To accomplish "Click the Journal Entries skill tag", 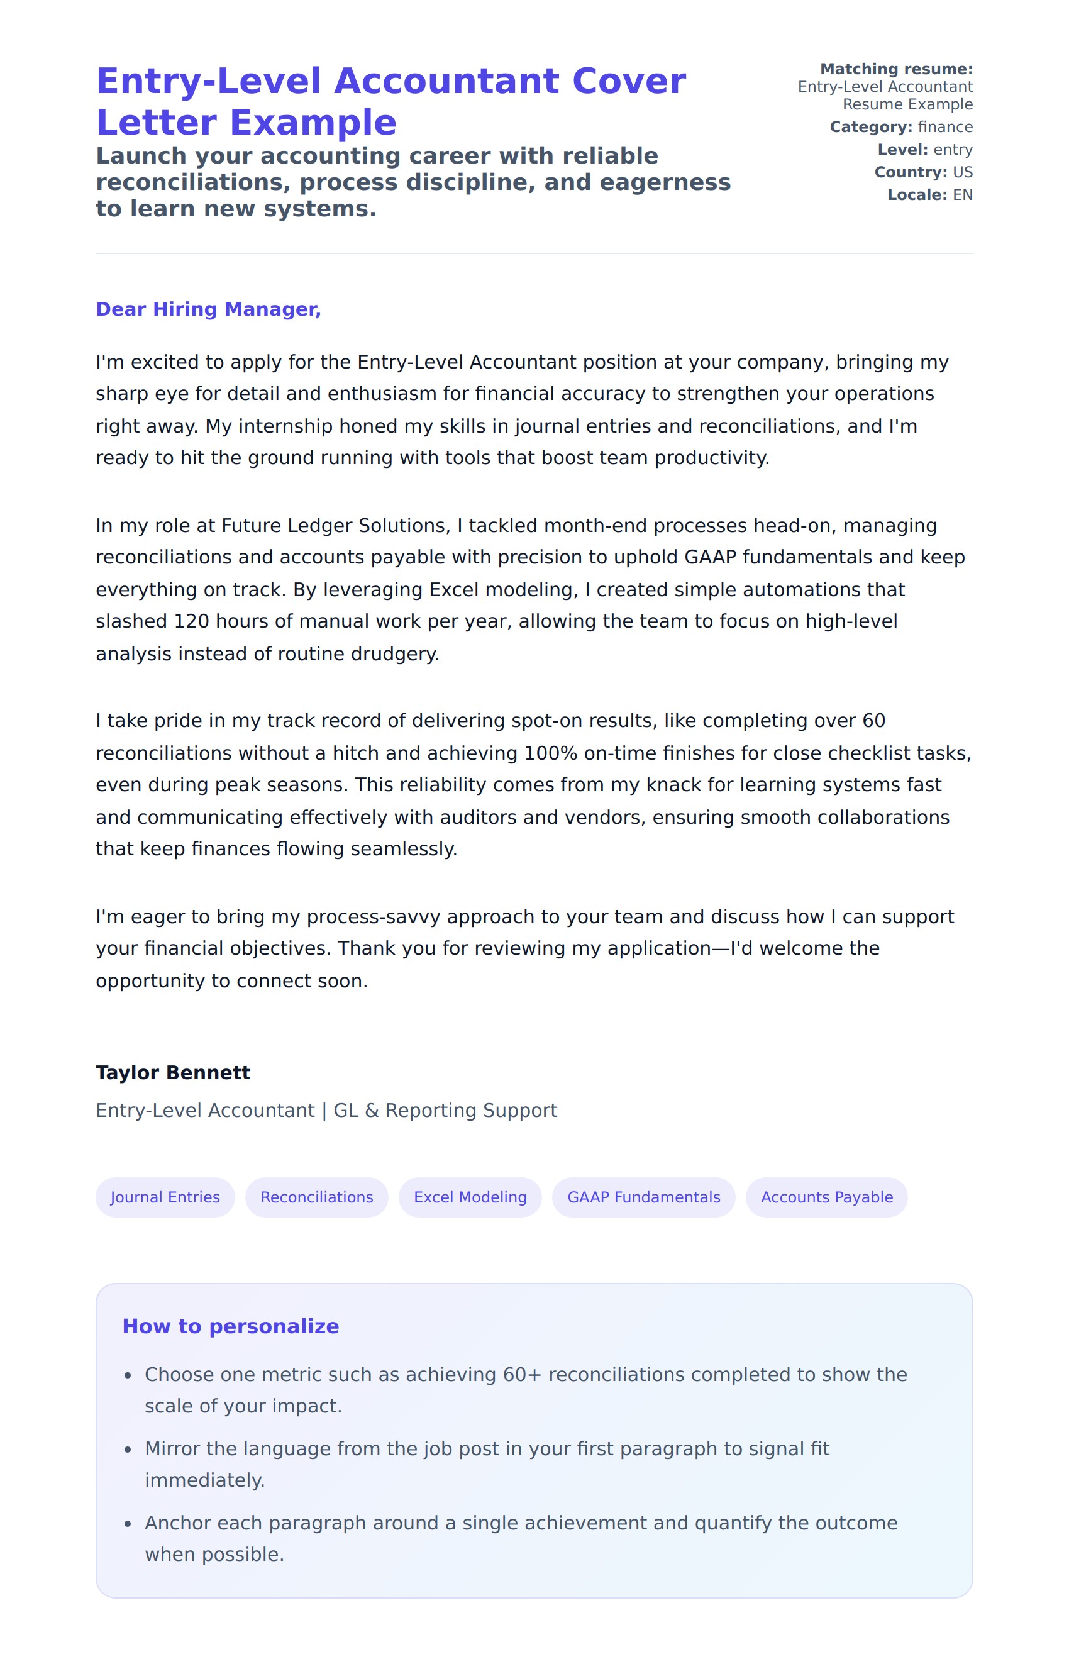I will click(165, 1197).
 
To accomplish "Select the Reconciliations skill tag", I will click(316, 1197).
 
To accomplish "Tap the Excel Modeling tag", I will click(470, 1197).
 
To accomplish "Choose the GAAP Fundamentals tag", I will click(643, 1197).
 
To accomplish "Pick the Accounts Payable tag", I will click(827, 1197).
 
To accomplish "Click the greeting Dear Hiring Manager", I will click(208, 309).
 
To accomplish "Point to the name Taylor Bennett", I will click(173, 1072).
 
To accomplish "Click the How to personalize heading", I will click(230, 1326).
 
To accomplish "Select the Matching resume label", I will click(896, 69).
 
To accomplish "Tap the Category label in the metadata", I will click(870, 127).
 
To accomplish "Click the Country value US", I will click(962, 172).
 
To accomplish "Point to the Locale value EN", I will click(962, 195).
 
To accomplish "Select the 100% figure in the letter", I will click(550, 753).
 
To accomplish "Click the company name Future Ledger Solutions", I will click(335, 526).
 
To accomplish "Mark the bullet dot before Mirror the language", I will click(128, 1450).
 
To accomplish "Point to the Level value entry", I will click(953, 150).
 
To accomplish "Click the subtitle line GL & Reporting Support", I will click(445, 1111).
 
